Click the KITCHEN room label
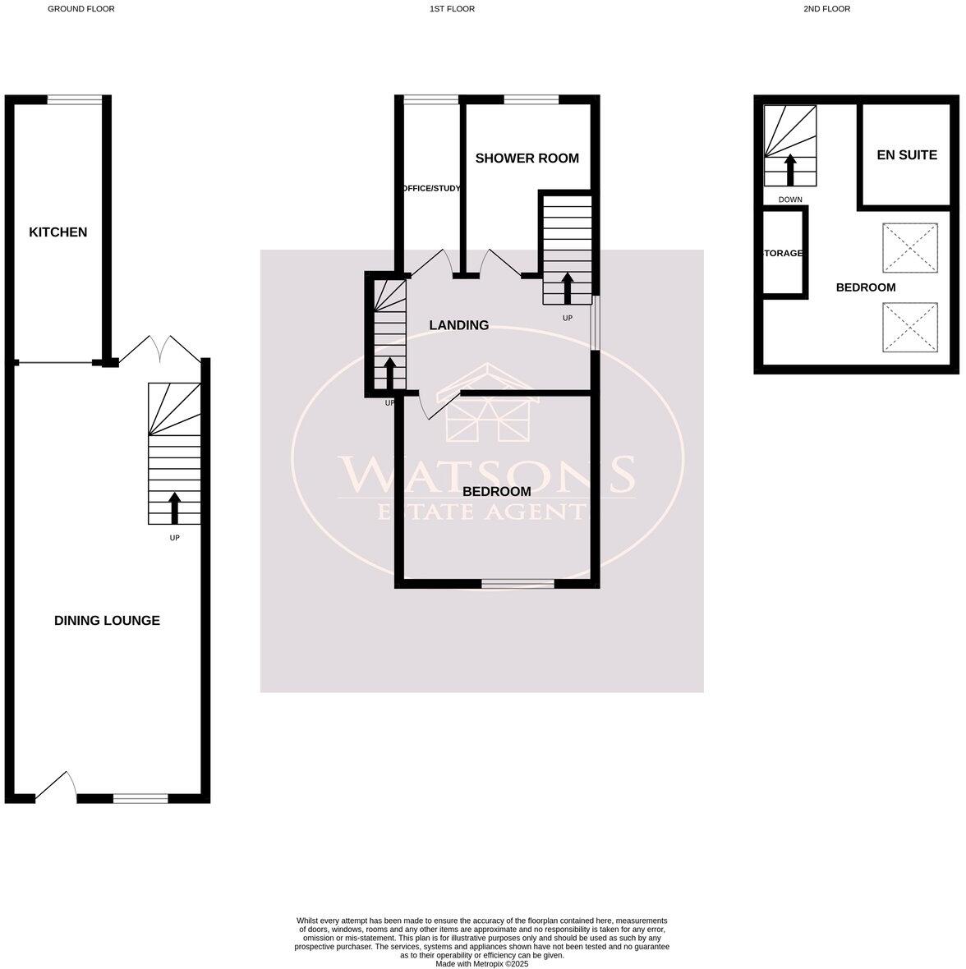tap(57, 232)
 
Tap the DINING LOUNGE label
tap(107, 621)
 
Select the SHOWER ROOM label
tap(527, 158)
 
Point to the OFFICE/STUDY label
tap(431, 189)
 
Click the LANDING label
tap(458, 325)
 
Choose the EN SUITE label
tap(907, 154)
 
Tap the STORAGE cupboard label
tap(784, 254)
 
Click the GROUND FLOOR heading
tap(81, 9)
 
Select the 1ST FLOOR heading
tap(452, 9)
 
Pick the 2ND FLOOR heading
tap(826, 9)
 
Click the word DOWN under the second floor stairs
tap(790, 200)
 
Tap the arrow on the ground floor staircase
tap(174, 507)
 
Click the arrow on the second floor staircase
tap(790, 169)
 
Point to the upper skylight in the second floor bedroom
tap(908, 248)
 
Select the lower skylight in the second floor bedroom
tap(908, 328)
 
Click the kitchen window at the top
tap(75, 99)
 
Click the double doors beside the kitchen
tap(159, 349)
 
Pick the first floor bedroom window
tap(517, 584)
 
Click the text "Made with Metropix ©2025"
tap(482, 964)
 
